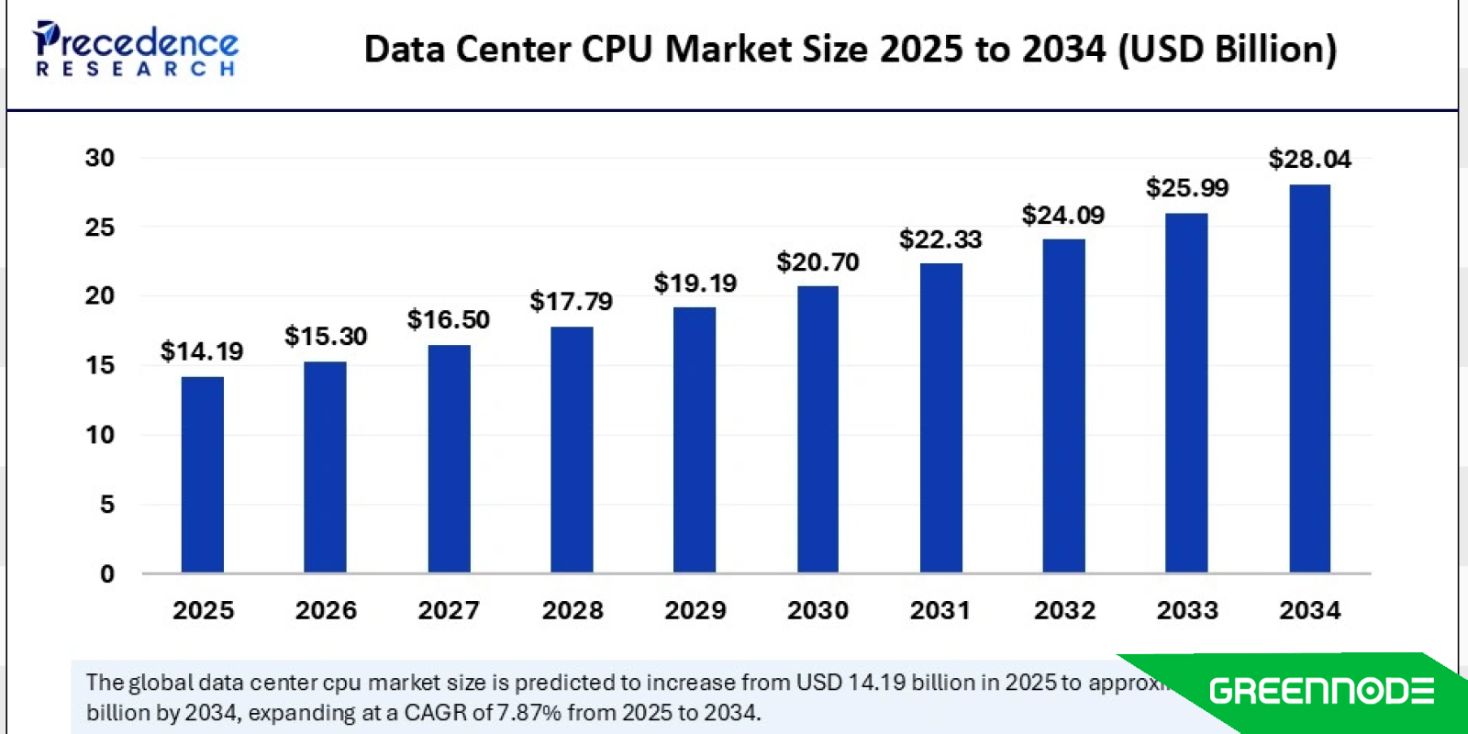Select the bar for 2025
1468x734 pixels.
(202, 474)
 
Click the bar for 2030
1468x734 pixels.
(817, 429)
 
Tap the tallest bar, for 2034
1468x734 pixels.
(1309, 378)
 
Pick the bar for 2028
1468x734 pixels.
(572, 450)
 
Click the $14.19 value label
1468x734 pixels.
(202, 351)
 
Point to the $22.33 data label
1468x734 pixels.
(940, 239)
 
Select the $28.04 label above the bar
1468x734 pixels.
(1309, 159)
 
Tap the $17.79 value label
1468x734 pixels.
(572, 301)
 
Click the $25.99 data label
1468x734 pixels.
(1186, 188)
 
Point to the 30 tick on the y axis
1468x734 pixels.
(100, 158)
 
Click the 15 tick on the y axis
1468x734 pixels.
(100, 365)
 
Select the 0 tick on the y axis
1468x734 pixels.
(107, 574)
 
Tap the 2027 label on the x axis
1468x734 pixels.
(449, 610)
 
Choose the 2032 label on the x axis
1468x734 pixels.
(1064, 610)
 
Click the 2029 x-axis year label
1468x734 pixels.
(695, 610)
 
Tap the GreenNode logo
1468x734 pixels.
(1321, 691)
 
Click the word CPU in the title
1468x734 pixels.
(618, 50)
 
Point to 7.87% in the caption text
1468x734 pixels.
(529, 713)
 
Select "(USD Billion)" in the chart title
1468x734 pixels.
(1227, 50)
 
